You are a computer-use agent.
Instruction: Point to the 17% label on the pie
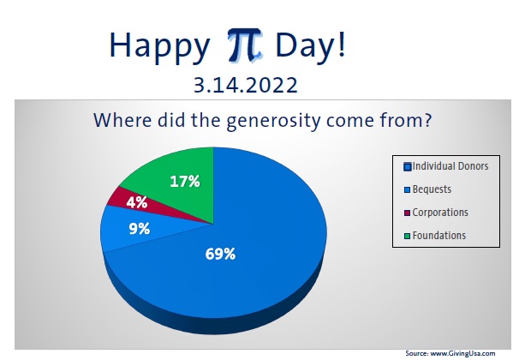(x=184, y=181)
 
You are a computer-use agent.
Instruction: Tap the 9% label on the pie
(x=139, y=229)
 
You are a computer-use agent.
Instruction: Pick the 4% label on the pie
(x=135, y=203)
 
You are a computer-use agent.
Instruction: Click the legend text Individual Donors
(x=450, y=165)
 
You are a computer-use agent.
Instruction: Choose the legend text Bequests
(x=432, y=189)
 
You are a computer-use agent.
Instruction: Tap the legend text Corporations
(x=440, y=212)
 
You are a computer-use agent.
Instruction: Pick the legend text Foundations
(x=438, y=235)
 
